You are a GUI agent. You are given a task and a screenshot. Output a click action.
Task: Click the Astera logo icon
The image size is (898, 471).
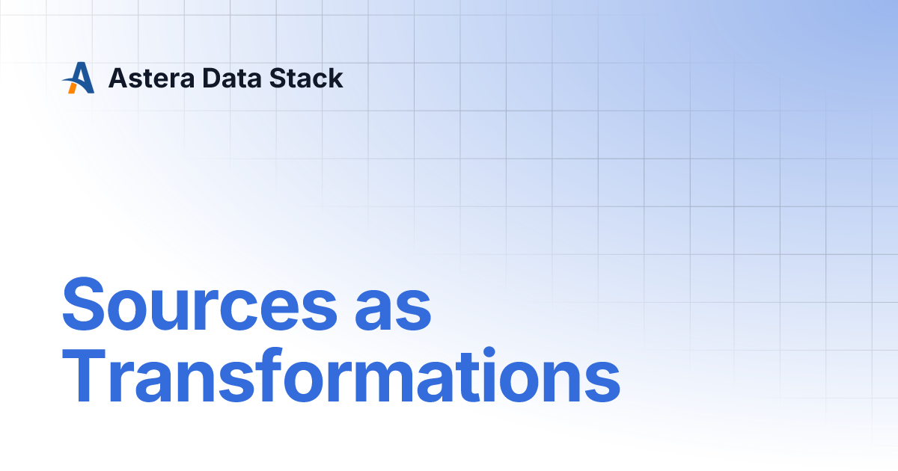click(x=78, y=78)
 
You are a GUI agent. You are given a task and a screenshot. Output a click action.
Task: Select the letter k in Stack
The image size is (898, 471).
click(x=336, y=78)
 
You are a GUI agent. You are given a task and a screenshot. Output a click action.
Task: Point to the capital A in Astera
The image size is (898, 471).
click(x=117, y=78)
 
